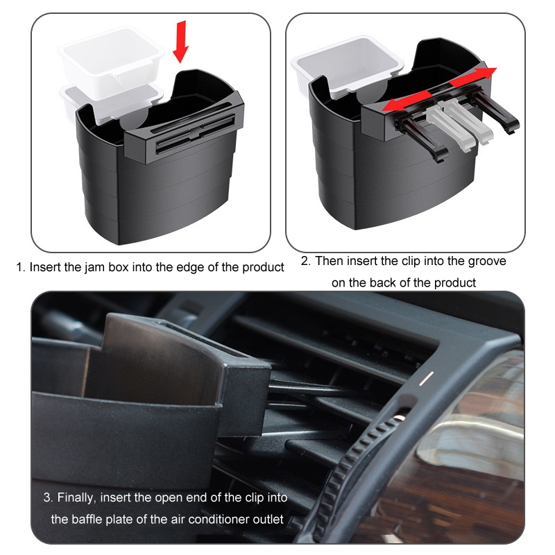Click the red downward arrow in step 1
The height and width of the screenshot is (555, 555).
[x=180, y=42]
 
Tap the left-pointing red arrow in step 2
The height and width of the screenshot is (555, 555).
[x=407, y=101]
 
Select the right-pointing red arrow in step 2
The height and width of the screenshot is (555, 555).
[x=473, y=77]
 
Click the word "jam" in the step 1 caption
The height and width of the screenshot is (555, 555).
[x=95, y=267]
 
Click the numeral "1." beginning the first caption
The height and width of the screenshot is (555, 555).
[x=22, y=267]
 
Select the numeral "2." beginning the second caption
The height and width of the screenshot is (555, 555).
[x=306, y=262]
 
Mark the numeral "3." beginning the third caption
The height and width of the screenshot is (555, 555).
[x=48, y=497]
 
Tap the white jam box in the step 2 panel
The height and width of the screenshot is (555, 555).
[x=347, y=67]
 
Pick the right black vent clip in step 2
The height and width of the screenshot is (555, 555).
[x=495, y=112]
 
